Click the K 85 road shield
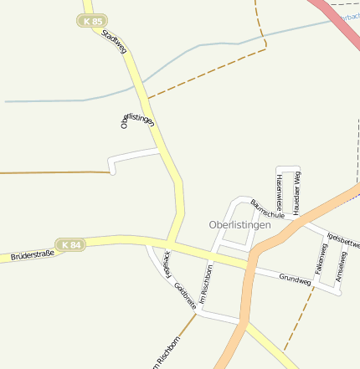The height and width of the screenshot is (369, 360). click(92, 20)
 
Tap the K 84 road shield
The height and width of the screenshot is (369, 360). click(70, 245)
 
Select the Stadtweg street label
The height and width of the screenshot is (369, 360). click(114, 44)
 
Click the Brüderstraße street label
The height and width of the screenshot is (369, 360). click(32, 254)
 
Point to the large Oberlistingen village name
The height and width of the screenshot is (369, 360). click(239, 225)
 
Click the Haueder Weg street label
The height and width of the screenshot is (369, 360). click(297, 191)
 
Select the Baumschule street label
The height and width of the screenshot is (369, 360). click(267, 210)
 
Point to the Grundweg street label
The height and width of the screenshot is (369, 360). click(295, 280)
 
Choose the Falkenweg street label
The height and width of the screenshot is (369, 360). click(321, 259)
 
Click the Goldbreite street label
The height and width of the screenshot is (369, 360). click(185, 295)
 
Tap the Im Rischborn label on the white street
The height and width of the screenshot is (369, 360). click(206, 284)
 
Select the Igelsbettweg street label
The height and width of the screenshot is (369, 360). click(342, 238)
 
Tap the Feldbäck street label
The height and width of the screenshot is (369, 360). click(167, 264)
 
